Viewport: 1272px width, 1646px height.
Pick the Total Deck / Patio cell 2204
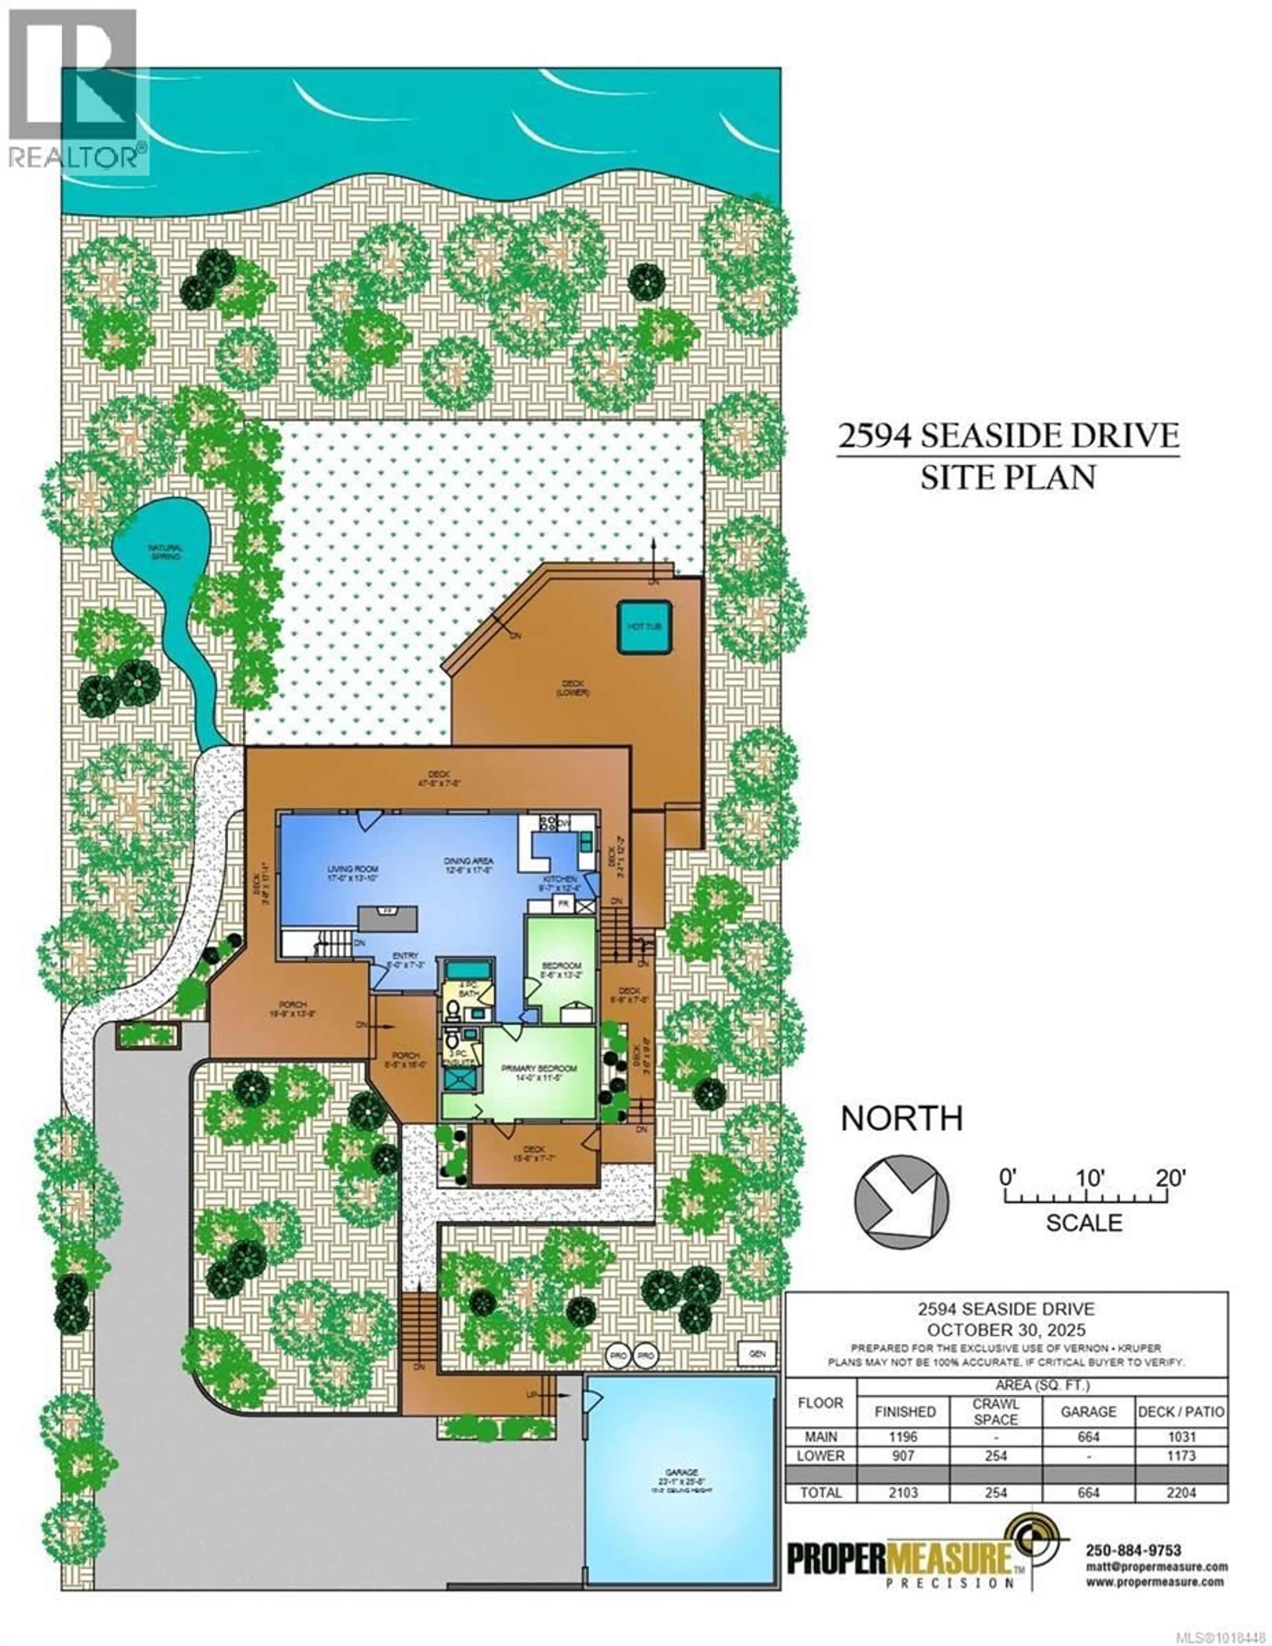tap(1181, 1492)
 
